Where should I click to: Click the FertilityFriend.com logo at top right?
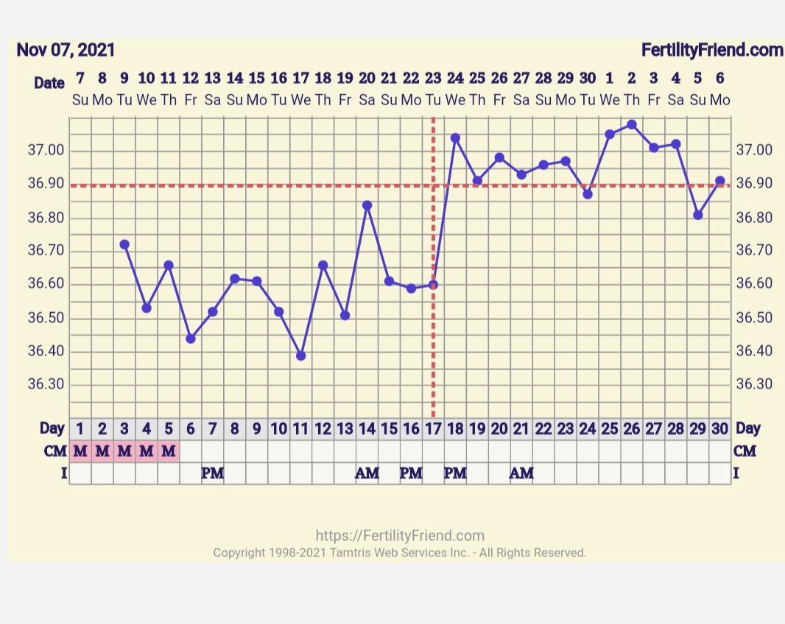click(x=711, y=50)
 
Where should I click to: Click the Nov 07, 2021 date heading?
click(x=66, y=50)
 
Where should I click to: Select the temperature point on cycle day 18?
click(x=455, y=138)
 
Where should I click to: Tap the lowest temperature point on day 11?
click(x=300, y=355)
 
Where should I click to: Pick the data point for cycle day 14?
click(x=367, y=205)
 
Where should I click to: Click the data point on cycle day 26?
click(x=631, y=124)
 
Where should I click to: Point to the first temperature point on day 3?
click(x=124, y=244)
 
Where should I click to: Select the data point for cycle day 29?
click(x=697, y=215)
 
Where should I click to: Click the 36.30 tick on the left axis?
click(x=46, y=385)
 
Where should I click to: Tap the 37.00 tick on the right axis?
click(x=754, y=151)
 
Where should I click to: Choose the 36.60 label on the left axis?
click(x=46, y=284)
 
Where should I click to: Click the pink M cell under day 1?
click(x=80, y=451)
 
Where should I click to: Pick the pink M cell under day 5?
click(x=169, y=451)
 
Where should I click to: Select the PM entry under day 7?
click(x=212, y=473)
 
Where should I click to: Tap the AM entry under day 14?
click(x=367, y=473)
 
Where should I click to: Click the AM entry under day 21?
click(x=521, y=473)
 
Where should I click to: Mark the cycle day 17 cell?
click(x=433, y=428)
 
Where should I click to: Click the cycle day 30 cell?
click(x=719, y=428)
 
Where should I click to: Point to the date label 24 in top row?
click(x=455, y=78)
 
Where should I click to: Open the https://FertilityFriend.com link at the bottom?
click(x=400, y=536)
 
